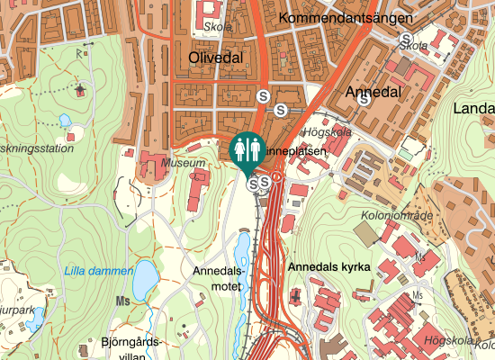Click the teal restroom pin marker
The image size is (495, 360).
pyautogui.click(x=247, y=152)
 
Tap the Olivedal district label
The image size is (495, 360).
pyautogui.click(x=216, y=58)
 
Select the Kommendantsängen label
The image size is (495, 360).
pyautogui.click(x=346, y=18)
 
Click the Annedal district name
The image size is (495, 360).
pyautogui.click(x=372, y=92)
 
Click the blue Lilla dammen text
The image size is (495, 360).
pyautogui.click(x=95, y=271)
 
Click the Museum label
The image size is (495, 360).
pyautogui.click(x=183, y=163)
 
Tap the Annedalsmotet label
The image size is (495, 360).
pyautogui.click(x=219, y=277)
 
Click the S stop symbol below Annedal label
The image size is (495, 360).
pyautogui.click(x=364, y=100)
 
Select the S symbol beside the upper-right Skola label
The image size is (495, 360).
pyautogui.click(x=404, y=39)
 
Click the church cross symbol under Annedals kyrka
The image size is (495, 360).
pyautogui.click(x=297, y=294)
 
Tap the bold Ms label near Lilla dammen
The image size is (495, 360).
pyautogui.click(x=123, y=301)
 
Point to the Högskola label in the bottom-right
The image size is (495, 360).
pyautogui.click(x=447, y=340)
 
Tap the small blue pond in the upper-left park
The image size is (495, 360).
pyautogui.click(x=65, y=121)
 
